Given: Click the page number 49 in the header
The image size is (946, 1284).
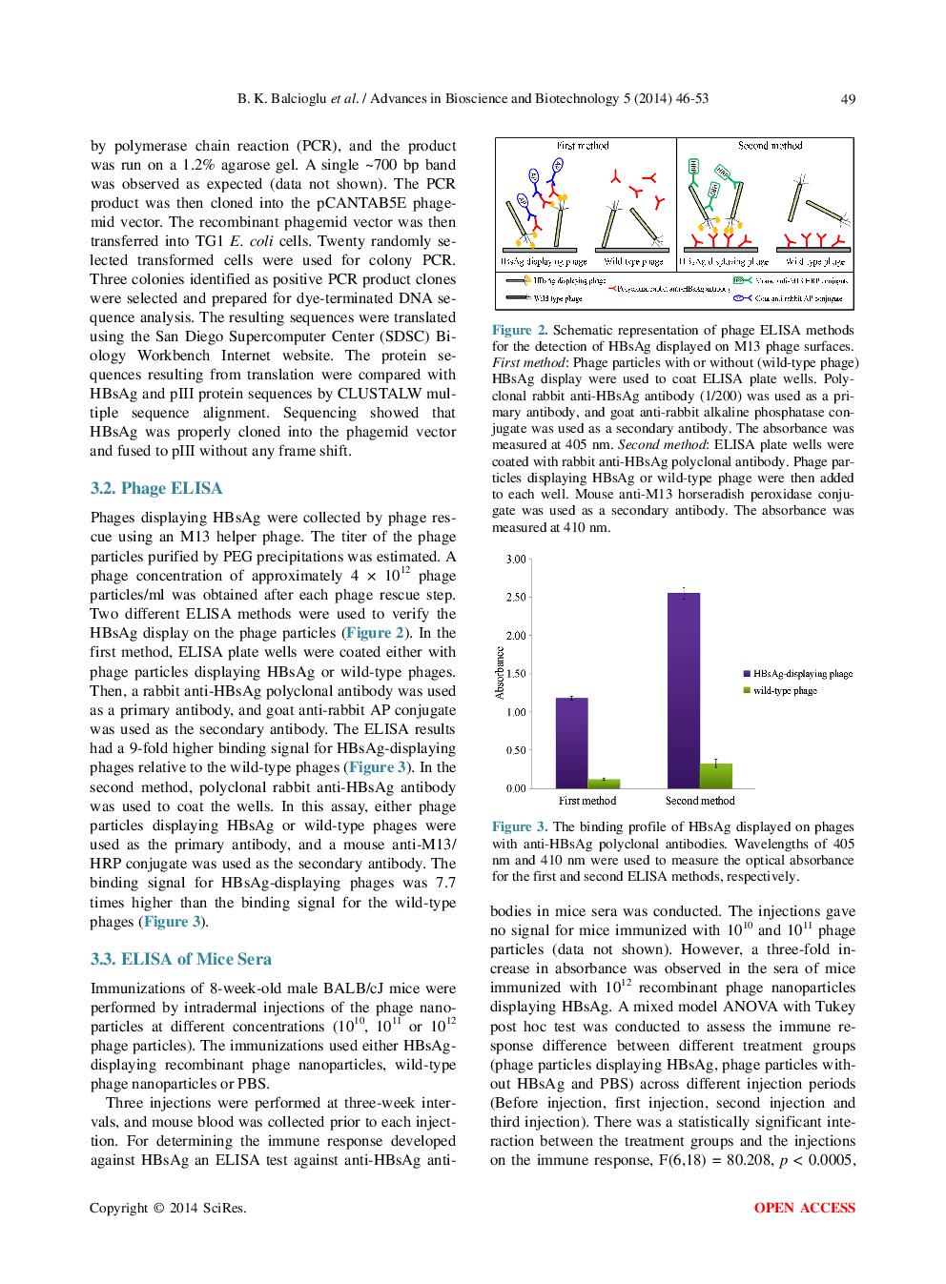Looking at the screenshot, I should click(x=847, y=99).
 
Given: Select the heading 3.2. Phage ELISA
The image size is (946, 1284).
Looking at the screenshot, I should click(x=156, y=488).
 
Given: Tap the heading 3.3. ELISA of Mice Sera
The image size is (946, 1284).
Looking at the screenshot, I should click(x=181, y=959).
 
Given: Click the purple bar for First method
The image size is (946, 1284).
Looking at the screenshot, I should click(x=571, y=744).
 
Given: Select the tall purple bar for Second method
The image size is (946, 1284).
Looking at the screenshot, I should click(x=683, y=690).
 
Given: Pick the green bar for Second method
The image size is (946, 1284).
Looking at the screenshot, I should click(x=716, y=776).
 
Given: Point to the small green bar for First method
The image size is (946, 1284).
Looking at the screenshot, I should click(x=604, y=783).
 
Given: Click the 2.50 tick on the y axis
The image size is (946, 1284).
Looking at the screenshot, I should click(x=516, y=598).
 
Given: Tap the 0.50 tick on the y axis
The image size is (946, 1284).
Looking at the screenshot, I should click(x=516, y=750).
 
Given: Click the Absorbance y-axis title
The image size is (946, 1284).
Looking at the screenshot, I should click(x=500, y=673).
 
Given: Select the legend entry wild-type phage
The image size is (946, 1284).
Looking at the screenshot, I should click(x=784, y=691).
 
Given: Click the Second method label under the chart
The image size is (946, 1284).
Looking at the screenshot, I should click(x=700, y=801).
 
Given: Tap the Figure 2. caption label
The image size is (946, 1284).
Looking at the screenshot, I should click(x=520, y=331).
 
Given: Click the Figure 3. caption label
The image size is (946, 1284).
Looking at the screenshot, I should click(x=520, y=827).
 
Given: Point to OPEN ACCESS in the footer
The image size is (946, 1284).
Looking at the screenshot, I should click(x=804, y=1208).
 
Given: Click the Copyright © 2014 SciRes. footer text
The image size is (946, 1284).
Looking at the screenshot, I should click(x=168, y=1208).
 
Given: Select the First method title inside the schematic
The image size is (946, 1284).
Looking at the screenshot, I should click(x=583, y=146).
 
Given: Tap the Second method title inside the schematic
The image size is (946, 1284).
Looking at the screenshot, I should click(x=770, y=146).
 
